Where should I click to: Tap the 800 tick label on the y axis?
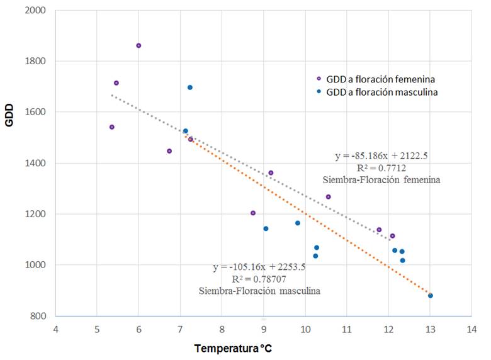pos(37,316)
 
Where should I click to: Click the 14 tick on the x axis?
pos(471,329)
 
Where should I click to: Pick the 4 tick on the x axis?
pos(55,329)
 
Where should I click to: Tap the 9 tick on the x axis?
pos(263,329)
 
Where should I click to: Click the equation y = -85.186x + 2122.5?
pos(381,155)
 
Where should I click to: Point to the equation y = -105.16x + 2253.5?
pos(259,267)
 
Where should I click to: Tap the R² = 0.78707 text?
pos(259,279)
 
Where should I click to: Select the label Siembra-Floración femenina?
pos(381,179)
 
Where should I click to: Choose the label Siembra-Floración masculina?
pos(259,291)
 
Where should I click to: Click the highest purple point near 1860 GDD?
pos(138,45)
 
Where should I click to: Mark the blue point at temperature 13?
pos(431,295)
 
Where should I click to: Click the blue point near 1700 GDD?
pos(190,87)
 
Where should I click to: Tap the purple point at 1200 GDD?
pos(253,213)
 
